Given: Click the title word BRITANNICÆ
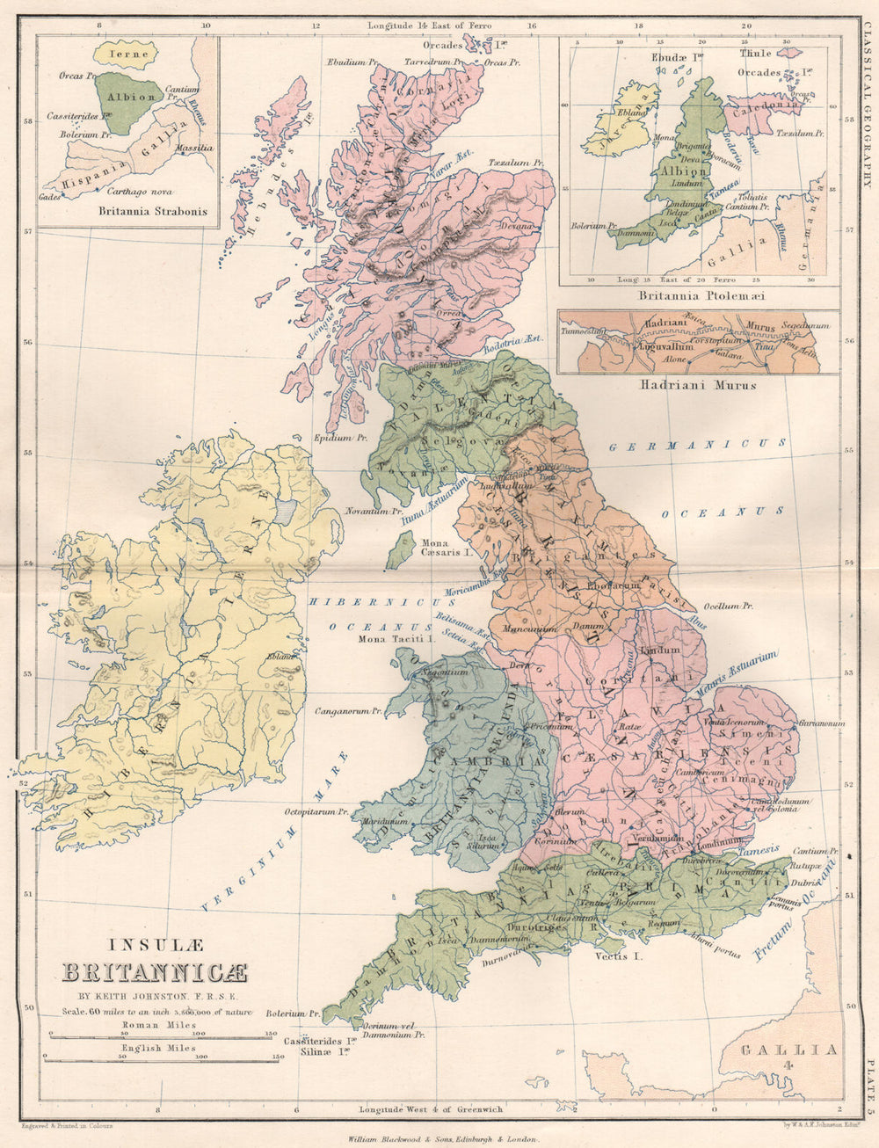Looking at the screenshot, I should pos(155,973).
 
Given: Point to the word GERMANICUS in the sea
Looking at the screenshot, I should pos(699,446).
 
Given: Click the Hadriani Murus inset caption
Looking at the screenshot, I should pos(699,384).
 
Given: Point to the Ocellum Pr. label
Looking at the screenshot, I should pos(729,607).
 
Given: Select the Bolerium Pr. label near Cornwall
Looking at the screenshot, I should pos(287,1014).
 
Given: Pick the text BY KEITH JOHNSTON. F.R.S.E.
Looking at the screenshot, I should pos(155,996).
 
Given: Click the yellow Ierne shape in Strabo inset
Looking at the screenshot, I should pos(127,54).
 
